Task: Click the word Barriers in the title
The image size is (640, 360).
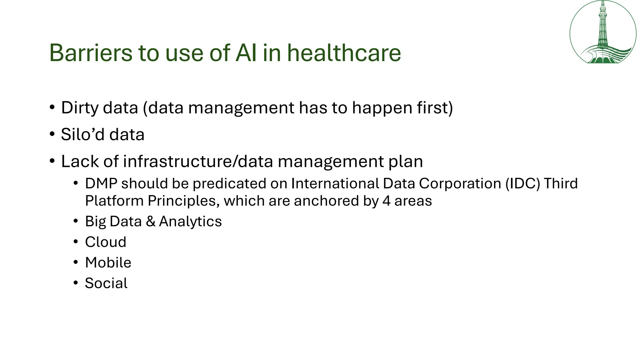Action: (x=91, y=53)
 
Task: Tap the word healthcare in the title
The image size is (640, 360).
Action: (x=344, y=53)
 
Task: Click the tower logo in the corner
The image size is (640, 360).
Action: (x=603, y=32)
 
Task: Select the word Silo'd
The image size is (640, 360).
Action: (x=82, y=135)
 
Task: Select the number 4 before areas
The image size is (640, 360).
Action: (x=386, y=201)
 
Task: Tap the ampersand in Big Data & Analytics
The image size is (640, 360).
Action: (x=150, y=222)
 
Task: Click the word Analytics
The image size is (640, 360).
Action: (x=190, y=222)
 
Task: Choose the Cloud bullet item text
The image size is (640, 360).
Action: (x=106, y=242)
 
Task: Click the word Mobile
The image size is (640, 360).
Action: (x=108, y=262)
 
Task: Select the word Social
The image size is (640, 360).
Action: (x=106, y=283)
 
